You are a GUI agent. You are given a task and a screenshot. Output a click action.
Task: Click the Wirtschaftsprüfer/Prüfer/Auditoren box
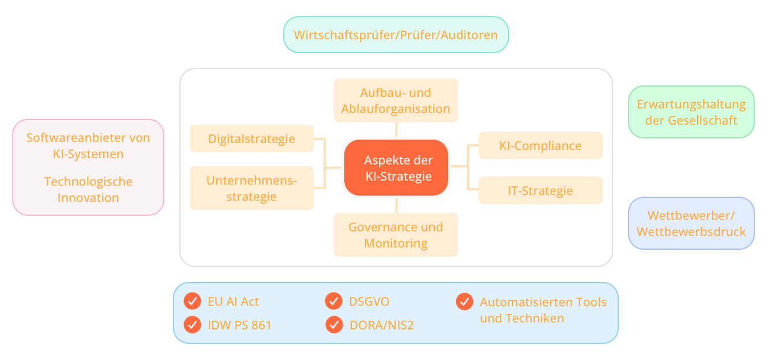click(x=396, y=35)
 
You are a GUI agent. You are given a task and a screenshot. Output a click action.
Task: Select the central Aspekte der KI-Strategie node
click(x=396, y=168)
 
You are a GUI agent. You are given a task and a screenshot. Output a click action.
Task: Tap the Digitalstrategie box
click(x=251, y=138)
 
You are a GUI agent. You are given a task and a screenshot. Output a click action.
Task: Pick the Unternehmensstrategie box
click(x=251, y=188)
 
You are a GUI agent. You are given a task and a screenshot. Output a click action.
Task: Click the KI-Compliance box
click(x=540, y=145)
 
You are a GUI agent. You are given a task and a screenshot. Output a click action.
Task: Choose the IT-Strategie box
click(x=540, y=190)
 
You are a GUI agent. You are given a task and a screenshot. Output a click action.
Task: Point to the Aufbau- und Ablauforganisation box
click(x=396, y=100)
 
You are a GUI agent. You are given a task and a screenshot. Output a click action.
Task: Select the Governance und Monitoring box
click(x=396, y=235)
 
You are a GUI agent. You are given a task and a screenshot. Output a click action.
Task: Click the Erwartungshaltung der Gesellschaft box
click(x=691, y=112)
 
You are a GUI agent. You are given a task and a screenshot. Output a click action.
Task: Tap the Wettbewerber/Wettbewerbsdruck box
click(x=691, y=223)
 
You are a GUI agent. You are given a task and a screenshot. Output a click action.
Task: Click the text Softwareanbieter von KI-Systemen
click(x=88, y=146)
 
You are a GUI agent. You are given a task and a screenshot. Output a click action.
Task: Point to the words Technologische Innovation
click(x=88, y=189)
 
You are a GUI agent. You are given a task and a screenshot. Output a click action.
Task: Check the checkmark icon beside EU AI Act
click(x=192, y=301)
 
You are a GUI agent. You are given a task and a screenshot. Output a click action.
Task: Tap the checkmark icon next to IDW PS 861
click(x=192, y=325)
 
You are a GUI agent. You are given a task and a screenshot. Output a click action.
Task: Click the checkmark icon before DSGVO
click(x=334, y=301)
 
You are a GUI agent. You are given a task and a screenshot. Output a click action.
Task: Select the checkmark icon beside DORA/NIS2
click(x=334, y=325)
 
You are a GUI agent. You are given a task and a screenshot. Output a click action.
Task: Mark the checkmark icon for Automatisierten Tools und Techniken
click(x=464, y=301)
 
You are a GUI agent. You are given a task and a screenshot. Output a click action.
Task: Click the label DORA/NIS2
click(x=382, y=325)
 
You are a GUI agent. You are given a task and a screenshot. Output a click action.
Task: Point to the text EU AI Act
click(x=233, y=302)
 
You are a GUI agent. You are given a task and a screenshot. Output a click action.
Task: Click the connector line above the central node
click(x=396, y=130)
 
